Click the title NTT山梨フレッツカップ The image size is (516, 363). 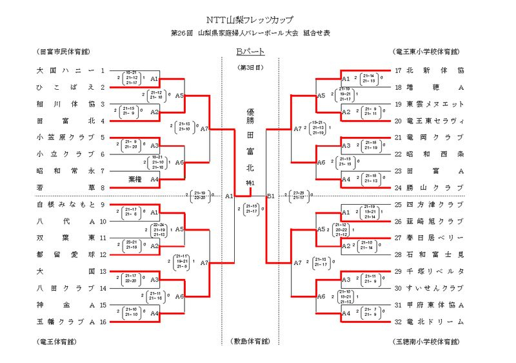click(258, 19)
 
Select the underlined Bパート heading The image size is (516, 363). click(250, 51)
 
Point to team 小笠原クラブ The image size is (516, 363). click(66, 138)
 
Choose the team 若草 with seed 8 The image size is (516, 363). click(66, 188)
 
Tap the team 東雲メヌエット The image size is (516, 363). click(434, 104)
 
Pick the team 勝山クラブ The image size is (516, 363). click(434, 188)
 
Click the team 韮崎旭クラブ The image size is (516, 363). click(434, 222)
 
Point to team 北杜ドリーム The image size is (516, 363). click(434, 322)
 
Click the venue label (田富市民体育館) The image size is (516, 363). click(64, 51)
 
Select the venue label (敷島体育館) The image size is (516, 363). click(250, 341)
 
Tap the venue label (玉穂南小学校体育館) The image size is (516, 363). click(426, 341)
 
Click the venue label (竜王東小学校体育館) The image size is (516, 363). click(426, 51)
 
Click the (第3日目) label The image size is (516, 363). click(250, 67)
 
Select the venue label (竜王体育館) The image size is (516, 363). click(58, 341)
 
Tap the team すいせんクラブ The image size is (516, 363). click(434, 288)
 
